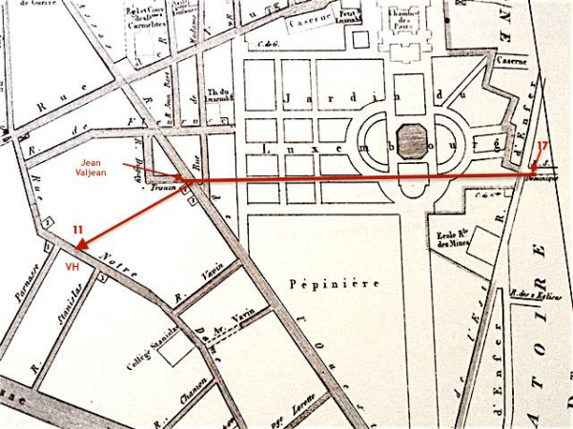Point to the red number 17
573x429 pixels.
point(542,146)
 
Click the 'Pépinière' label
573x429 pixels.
point(318,283)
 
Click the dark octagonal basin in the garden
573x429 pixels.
point(411,142)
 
